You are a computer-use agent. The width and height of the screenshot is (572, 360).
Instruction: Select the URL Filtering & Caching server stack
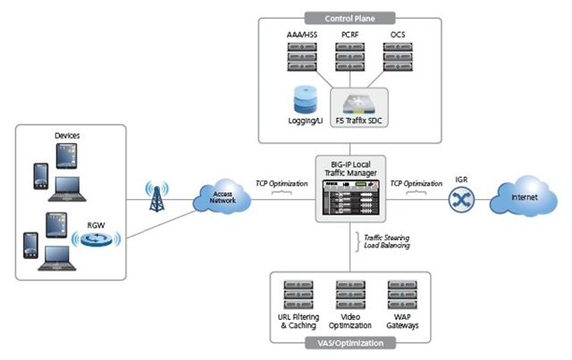point(298,294)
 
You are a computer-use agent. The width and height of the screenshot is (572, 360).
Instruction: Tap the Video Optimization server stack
point(349,294)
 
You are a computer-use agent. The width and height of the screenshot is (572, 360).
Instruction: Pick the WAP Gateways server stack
point(401,294)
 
